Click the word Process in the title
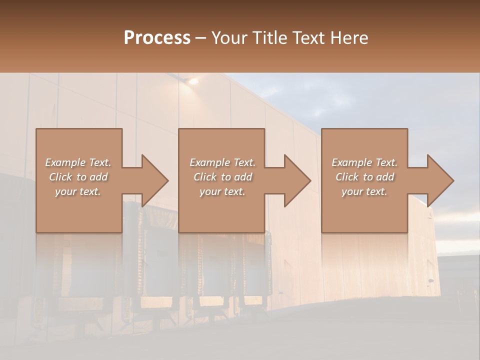(157, 38)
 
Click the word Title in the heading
(268, 38)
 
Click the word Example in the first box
(64, 162)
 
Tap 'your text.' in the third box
(364, 191)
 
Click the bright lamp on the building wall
(192, 80)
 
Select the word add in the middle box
(243, 177)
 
